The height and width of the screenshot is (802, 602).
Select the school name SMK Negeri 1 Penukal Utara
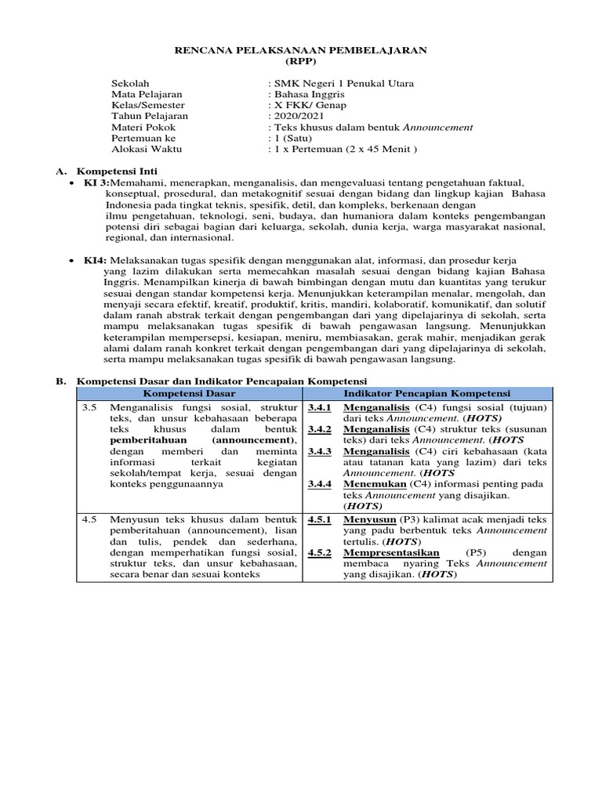341,83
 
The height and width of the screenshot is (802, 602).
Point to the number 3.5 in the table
90,407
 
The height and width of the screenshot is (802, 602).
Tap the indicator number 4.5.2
320,552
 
